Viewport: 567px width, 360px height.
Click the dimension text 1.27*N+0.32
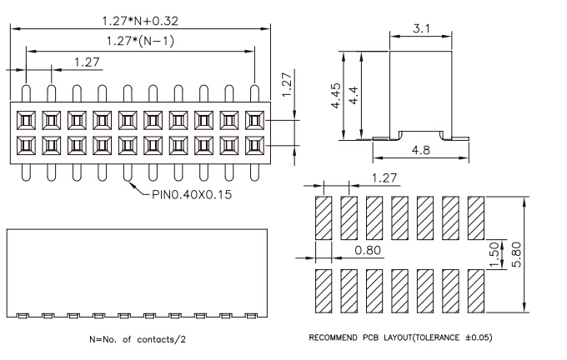pos(140,21)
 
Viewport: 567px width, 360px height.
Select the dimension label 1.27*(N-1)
pos(140,41)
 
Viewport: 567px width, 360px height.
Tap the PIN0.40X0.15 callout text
pos(192,194)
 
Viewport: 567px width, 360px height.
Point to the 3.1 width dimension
pos(421,28)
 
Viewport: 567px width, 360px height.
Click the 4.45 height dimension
pos(336,96)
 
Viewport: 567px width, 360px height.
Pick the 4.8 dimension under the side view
pos(421,150)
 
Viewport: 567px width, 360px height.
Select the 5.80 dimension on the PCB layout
pos(517,254)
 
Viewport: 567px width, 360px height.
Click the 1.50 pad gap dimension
pos(494,255)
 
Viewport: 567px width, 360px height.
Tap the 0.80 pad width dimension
pos(368,250)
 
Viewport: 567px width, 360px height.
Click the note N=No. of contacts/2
pos(138,339)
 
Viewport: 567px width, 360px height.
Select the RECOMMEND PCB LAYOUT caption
pos(400,337)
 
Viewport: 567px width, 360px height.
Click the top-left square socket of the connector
pos(26,120)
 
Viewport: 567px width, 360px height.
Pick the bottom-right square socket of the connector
pos(254,146)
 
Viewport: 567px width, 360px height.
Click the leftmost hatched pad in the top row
pos(324,218)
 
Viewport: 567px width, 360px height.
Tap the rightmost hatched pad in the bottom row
pos(476,291)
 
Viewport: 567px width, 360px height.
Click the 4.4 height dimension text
pos(354,96)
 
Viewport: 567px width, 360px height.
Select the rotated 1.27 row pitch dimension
pos(286,84)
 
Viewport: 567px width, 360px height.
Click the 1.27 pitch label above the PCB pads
pos(384,177)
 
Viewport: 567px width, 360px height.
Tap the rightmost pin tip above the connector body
pos(254,87)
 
